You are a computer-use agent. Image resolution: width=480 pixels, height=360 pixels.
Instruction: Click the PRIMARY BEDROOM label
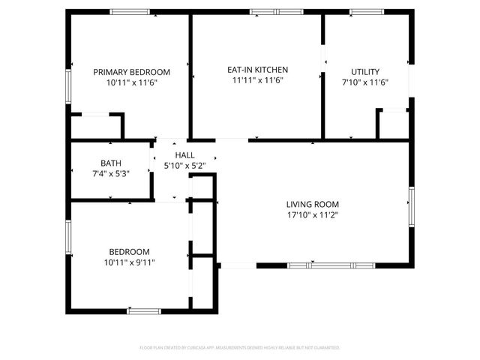click(x=131, y=72)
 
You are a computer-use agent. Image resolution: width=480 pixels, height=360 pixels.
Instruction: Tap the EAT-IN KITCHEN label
click(x=257, y=69)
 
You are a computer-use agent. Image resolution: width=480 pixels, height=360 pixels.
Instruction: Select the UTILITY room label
click(x=365, y=72)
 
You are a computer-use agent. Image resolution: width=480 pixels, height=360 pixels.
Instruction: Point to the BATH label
click(x=111, y=163)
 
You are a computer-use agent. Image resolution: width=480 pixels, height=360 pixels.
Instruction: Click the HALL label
click(x=184, y=154)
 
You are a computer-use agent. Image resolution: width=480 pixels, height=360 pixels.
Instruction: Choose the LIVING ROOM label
click(x=313, y=204)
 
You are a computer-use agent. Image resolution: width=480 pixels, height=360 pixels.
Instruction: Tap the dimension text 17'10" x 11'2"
click(x=313, y=214)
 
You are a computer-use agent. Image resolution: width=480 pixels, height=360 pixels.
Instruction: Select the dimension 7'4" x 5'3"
click(x=111, y=173)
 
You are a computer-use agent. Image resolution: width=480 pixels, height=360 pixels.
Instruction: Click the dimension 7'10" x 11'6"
click(x=365, y=82)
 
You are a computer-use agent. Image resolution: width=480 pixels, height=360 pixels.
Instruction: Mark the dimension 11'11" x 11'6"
click(x=257, y=79)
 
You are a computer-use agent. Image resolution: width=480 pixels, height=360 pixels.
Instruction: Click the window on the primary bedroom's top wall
click(x=130, y=11)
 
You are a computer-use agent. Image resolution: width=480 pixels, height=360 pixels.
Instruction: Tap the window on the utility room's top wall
click(x=367, y=11)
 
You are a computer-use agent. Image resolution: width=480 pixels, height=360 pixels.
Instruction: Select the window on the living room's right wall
click(x=411, y=208)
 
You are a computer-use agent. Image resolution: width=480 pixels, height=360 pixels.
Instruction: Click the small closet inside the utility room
click(x=392, y=124)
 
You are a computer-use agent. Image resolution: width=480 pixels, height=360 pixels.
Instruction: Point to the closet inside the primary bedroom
click(x=96, y=126)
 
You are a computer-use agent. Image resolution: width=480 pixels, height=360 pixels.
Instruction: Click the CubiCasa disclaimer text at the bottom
click(x=240, y=348)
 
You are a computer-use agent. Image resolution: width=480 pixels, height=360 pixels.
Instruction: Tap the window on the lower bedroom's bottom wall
click(x=144, y=310)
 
